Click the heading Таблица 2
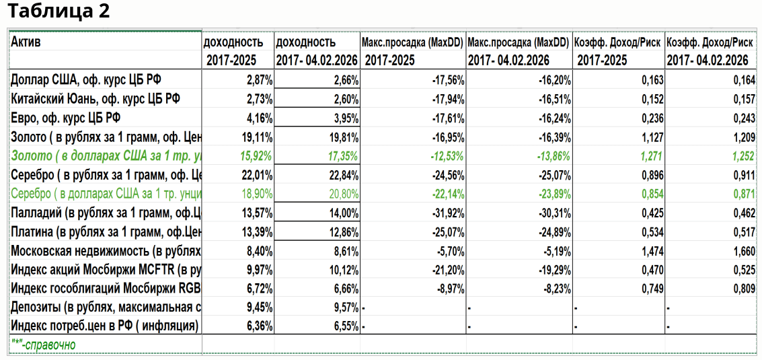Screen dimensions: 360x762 click(59, 11)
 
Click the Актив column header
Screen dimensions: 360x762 click(26, 42)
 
